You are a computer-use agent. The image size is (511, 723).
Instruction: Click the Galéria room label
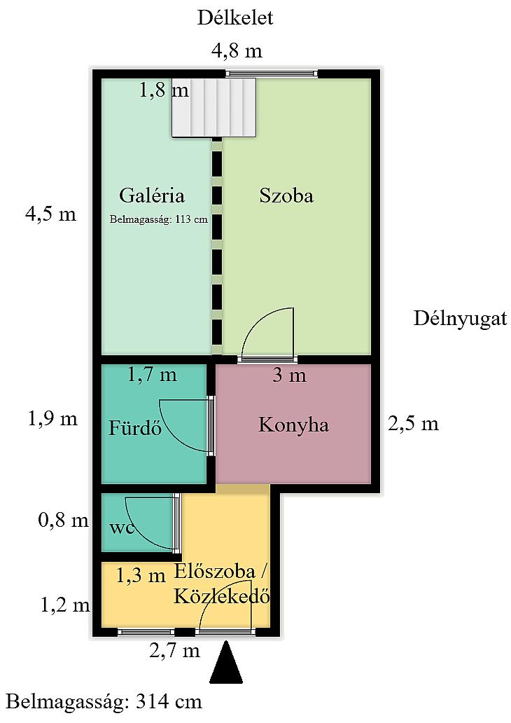click(x=152, y=195)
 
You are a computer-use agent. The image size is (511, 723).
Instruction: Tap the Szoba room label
click(x=286, y=195)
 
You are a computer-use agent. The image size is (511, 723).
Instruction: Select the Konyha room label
click(x=293, y=425)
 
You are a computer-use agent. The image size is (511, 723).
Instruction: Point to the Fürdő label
click(x=135, y=427)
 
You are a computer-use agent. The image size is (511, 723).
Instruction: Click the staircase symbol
click(x=213, y=107)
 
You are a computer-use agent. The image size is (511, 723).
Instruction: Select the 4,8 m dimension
click(x=237, y=50)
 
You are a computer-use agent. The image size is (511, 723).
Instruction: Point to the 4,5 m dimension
click(x=50, y=214)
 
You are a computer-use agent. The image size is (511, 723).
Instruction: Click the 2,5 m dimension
click(x=413, y=423)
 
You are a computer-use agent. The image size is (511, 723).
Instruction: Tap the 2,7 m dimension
click(x=174, y=651)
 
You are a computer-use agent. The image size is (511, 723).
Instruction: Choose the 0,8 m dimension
click(x=63, y=520)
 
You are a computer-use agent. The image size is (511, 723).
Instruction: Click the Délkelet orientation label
click(x=235, y=18)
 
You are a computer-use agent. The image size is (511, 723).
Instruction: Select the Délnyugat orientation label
click(x=460, y=319)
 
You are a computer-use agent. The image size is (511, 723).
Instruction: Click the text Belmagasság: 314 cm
click(x=104, y=702)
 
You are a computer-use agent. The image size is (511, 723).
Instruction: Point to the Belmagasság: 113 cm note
click(x=158, y=219)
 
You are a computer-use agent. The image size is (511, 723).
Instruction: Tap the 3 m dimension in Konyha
click(x=289, y=375)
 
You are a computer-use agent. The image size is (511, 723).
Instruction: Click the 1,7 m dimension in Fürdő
click(x=152, y=374)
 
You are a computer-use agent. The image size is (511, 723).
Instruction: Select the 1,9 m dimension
click(x=52, y=419)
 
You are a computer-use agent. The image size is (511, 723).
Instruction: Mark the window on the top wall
click(x=272, y=74)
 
